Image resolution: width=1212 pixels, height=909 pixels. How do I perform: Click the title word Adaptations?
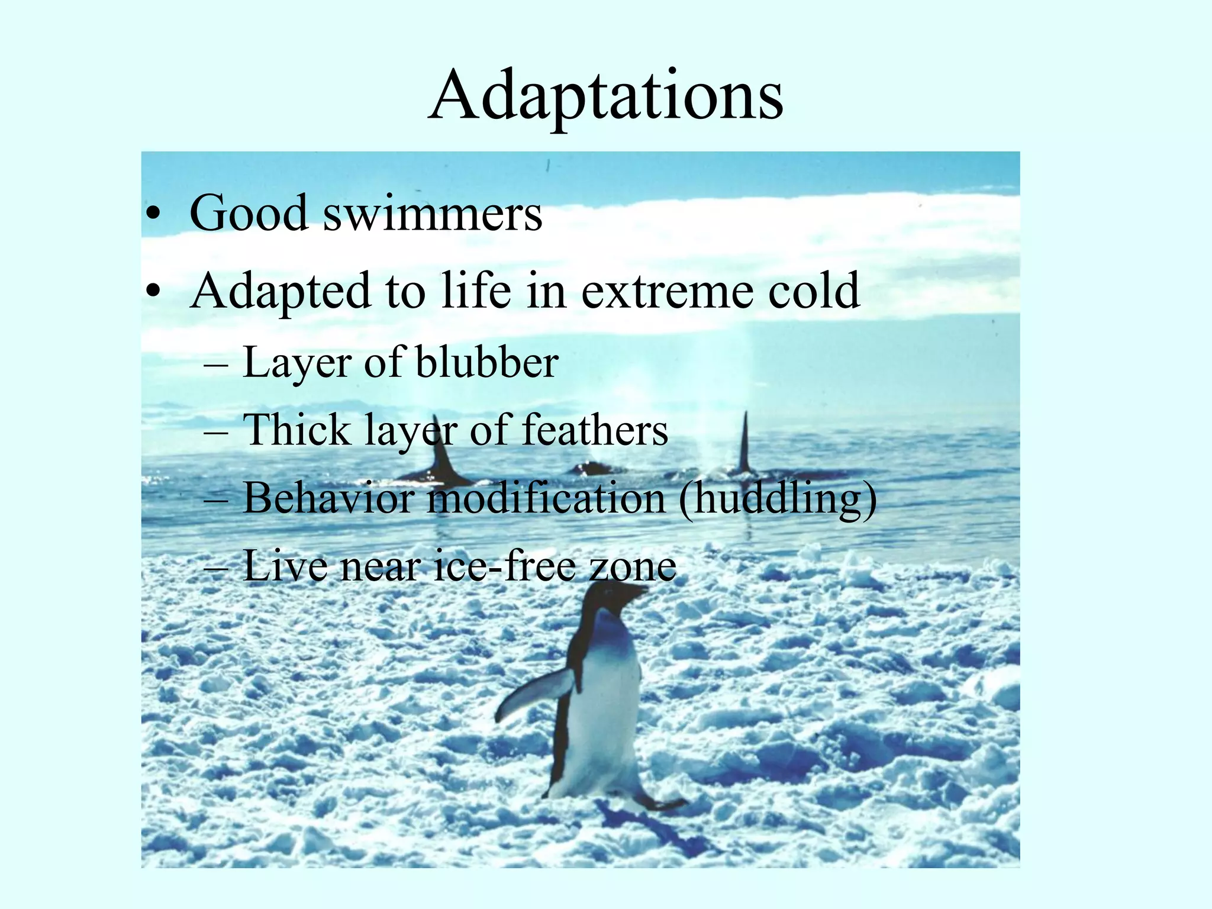point(606,98)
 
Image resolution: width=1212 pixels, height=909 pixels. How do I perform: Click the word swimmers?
point(433,214)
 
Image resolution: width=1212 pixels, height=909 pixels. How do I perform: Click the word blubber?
point(486,362)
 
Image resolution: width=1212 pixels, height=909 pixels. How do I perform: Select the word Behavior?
point(328,498)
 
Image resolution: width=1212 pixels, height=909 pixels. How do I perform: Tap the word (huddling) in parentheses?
point(778,500)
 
